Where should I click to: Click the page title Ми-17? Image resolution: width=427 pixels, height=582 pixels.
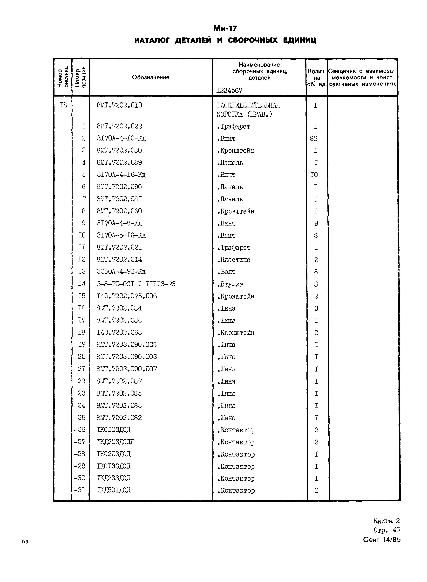[225, 28]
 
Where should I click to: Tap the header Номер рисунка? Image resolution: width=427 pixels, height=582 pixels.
[63, 77]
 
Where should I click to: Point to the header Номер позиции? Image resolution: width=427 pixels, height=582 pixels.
[80, 77]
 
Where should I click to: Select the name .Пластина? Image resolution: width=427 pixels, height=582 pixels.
[234, 260]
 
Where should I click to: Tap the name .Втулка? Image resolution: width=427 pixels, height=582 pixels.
[230, 284]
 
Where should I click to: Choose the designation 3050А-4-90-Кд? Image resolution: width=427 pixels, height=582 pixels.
[121, 272]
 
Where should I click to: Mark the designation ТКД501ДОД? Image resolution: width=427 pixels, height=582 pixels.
[114, 490]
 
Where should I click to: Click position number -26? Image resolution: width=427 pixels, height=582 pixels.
[79, 430]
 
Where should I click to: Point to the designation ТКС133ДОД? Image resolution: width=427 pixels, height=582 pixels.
[114, 466]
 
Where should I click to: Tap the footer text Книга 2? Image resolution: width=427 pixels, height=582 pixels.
[386, 521]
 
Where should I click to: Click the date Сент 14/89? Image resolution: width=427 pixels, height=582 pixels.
[382, 540]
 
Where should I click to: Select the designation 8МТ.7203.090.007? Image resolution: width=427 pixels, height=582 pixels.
[127, 369]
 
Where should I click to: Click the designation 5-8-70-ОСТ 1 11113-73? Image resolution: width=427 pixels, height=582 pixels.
[136, 284]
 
